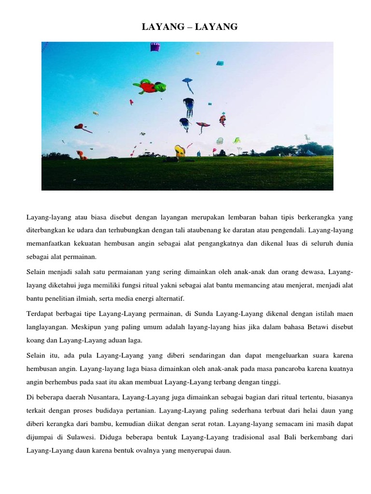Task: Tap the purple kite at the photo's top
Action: click(x=155, y=47)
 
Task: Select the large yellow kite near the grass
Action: click(x=180, y=151)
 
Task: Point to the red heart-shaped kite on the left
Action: click(x=79, y=127)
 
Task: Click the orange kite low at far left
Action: click(x=81, y=155)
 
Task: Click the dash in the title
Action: click(x=189, y=27)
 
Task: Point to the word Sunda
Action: click(x=178, y=314)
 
